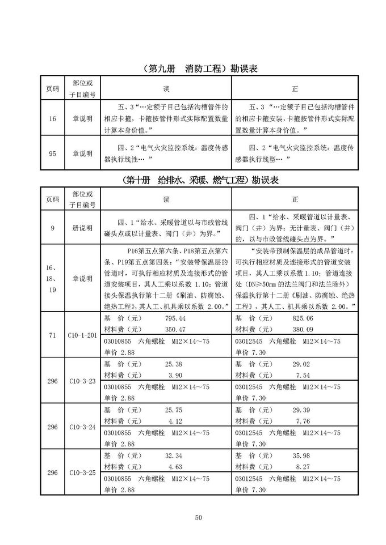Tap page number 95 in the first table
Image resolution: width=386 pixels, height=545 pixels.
pyautogui.click(x=52, y=153)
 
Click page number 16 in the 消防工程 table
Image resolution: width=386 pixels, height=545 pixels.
pyautogui.click(x=52, y=119)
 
